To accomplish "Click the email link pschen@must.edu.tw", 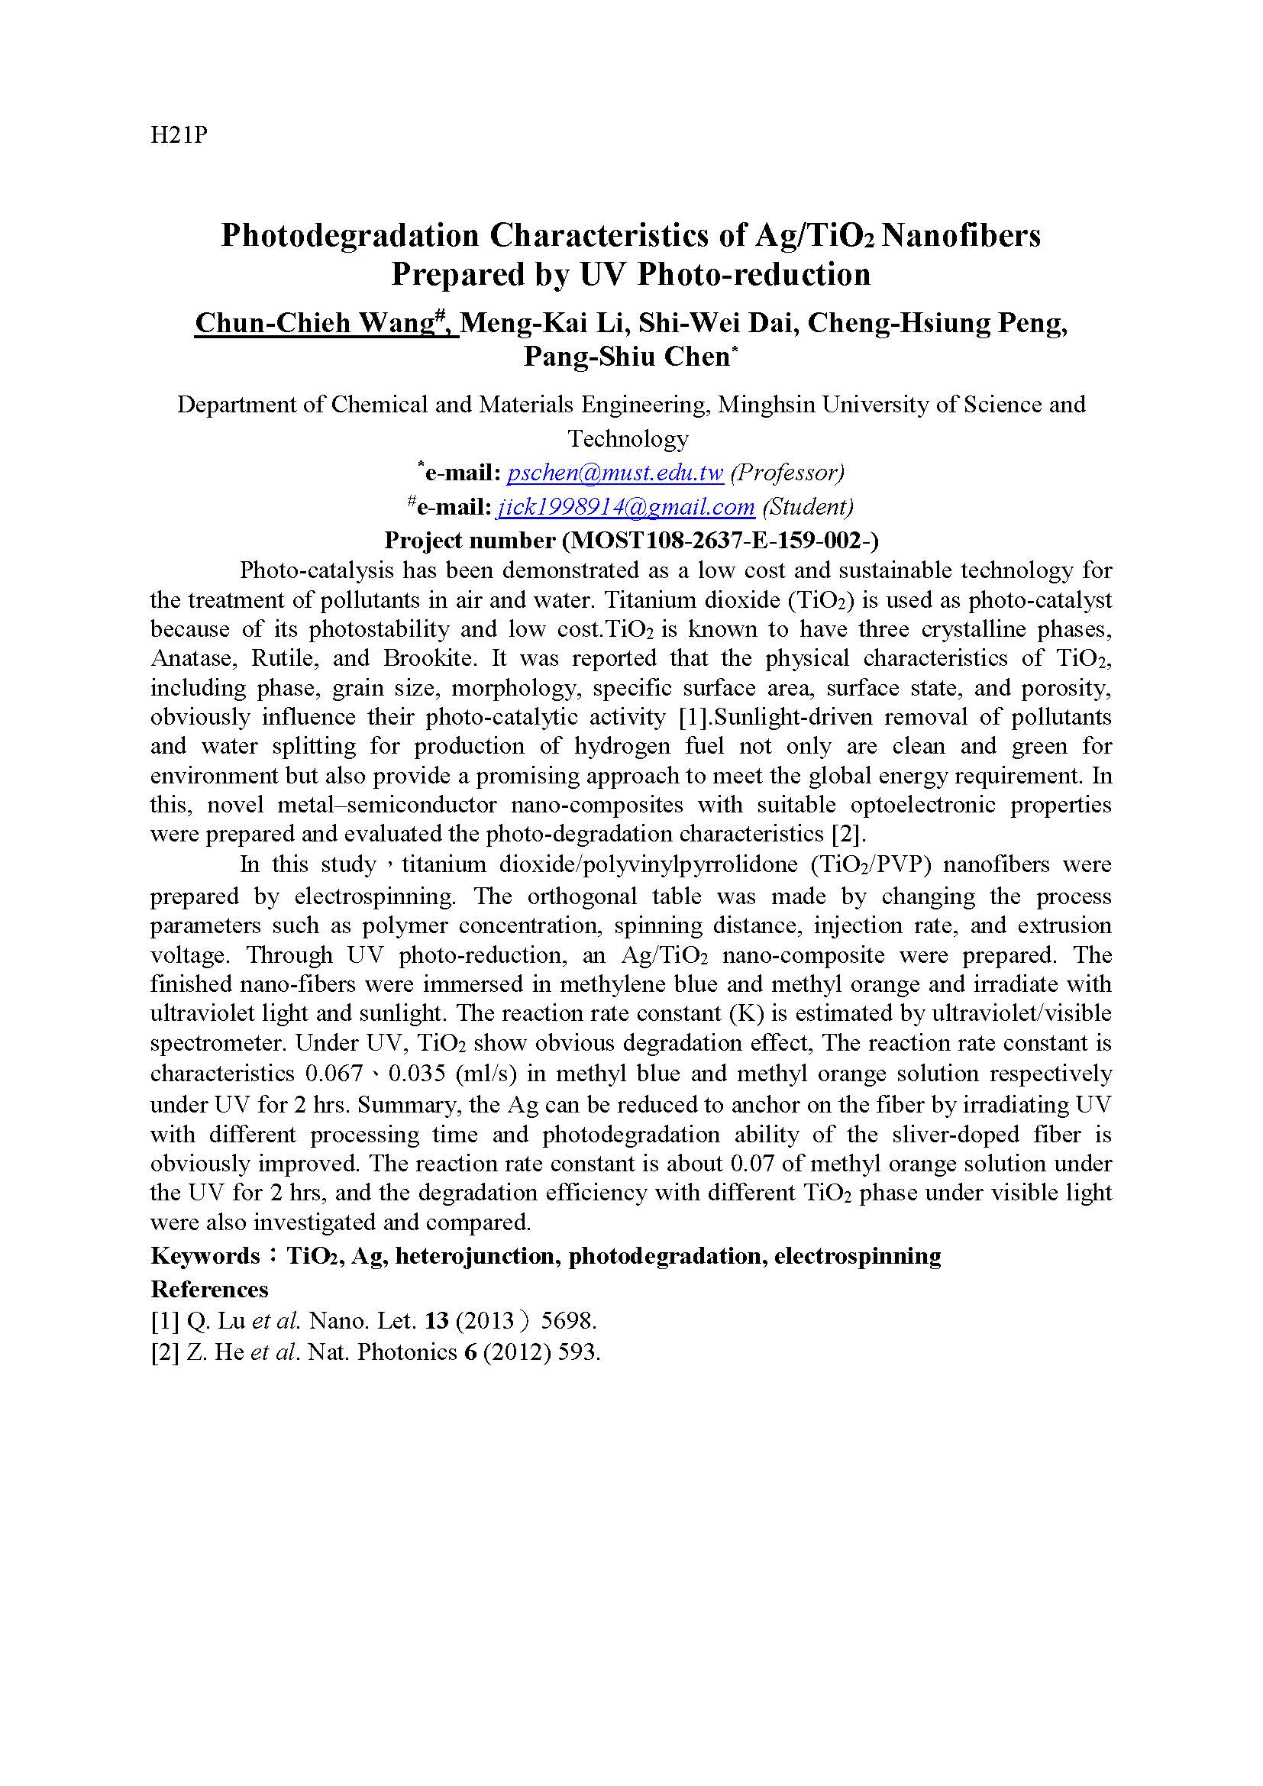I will coord(615,472).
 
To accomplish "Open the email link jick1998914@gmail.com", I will coord(625,506).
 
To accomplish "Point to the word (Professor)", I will coord(787,472).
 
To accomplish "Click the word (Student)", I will coord(807,506).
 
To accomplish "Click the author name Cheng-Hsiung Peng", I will coord(936,323).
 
